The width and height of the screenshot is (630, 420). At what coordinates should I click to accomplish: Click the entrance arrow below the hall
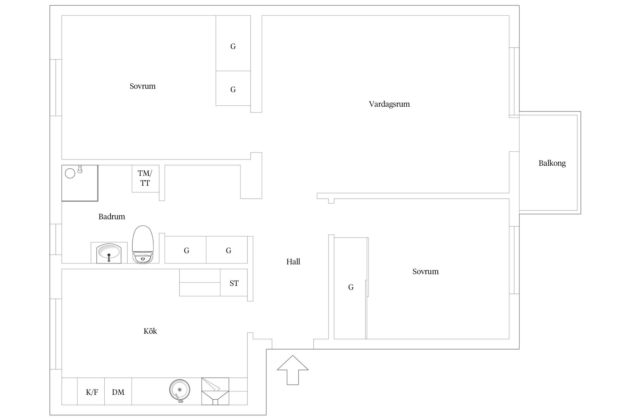(293, 370)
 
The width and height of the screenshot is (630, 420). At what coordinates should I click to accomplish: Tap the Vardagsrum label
(389, 104)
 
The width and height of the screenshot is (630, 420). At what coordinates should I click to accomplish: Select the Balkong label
(552, 163)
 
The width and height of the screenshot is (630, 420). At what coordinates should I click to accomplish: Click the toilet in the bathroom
(143, 244)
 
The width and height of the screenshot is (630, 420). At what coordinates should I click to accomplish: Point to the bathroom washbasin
(109, 253)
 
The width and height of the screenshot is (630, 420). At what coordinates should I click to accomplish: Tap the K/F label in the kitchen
(92, 392)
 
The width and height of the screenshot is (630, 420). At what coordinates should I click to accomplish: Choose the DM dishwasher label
(118, 392)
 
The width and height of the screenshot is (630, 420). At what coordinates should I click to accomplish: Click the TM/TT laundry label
(145, 178)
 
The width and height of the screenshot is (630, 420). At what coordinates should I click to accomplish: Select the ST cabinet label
(234, 283)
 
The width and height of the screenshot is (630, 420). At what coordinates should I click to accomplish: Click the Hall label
(293, 262)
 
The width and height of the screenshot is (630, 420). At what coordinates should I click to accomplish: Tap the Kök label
(150, 331)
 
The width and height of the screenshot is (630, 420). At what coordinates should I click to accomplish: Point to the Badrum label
(112, 217)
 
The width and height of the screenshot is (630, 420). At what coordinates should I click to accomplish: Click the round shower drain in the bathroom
(70, 173)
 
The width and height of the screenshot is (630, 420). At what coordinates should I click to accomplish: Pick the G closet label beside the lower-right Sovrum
(351, 287)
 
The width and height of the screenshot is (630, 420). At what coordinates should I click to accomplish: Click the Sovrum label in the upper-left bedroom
(142, 86)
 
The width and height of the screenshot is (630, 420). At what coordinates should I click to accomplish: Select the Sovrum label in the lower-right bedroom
(425, 271)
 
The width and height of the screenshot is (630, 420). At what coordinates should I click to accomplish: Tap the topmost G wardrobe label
(233, 46)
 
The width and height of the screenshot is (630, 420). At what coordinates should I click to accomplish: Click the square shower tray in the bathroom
(80, 183)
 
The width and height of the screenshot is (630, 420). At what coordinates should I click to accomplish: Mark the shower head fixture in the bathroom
(80, 169)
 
